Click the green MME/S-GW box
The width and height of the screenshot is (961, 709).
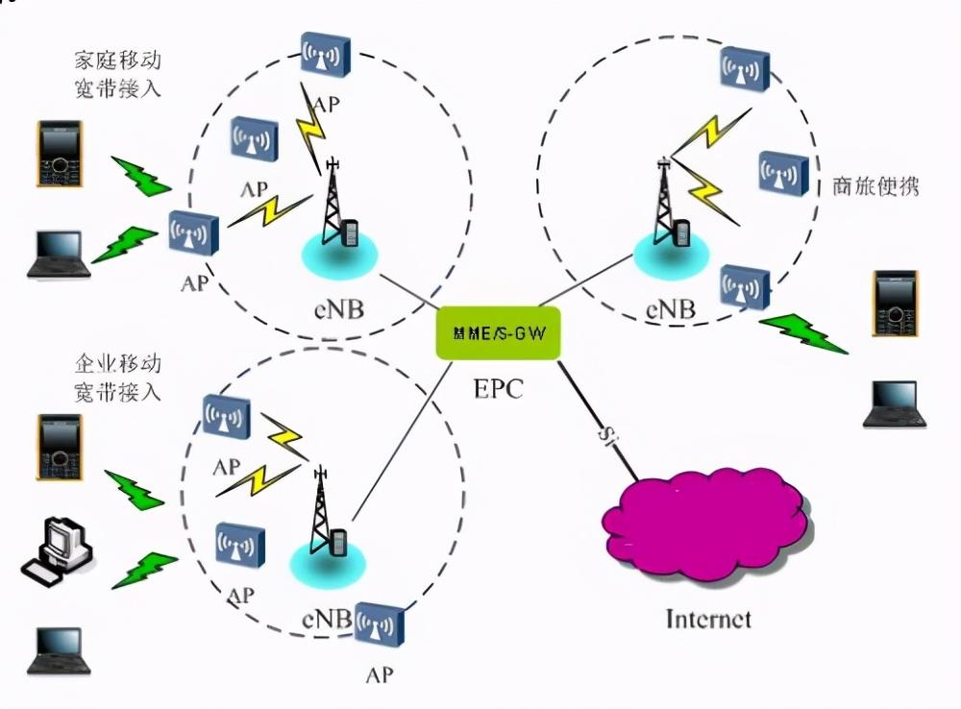coord(497,333)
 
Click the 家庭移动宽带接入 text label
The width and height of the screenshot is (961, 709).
coord(117,75)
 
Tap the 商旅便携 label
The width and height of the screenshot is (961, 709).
coord(875,185)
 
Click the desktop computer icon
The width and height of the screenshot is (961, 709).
coord(58,550)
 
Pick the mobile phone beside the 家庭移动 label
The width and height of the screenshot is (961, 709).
coord(59,154)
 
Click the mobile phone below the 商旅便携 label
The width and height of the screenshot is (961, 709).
coord(895,303)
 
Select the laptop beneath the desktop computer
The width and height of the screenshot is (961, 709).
coord(59,650)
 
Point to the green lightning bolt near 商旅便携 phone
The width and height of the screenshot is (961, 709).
coord(803,332)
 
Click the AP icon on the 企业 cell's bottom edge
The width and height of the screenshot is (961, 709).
coord(380,625)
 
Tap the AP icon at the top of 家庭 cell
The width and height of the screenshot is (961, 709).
coord(324,58)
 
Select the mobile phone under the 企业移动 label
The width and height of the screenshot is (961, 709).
coord(59,446)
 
